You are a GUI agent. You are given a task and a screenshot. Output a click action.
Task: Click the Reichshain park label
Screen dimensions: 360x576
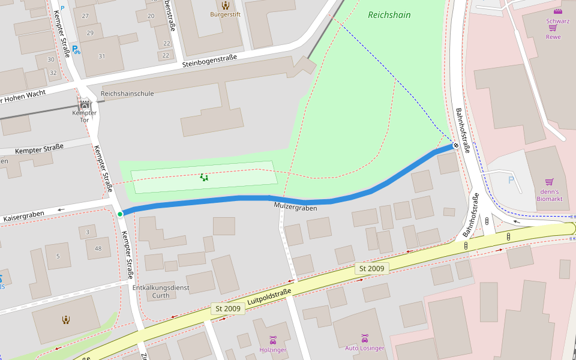389,15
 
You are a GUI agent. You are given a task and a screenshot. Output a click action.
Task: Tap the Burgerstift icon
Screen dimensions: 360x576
226,5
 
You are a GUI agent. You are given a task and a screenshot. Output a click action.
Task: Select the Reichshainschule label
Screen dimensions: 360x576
127,94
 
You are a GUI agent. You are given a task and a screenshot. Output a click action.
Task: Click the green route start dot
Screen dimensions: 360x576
120,214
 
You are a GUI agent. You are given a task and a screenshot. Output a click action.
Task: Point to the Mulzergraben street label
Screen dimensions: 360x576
295,208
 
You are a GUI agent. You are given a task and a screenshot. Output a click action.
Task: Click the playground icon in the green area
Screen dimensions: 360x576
204,177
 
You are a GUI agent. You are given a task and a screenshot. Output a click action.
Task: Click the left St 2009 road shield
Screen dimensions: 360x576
227,308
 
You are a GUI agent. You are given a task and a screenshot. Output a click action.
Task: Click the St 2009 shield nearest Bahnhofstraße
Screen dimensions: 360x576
371,268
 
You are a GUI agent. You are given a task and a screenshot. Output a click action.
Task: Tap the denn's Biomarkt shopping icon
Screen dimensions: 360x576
549,182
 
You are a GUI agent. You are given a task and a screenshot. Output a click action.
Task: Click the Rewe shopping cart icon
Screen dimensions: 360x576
553,28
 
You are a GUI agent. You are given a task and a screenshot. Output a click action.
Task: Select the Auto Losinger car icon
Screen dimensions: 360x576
364,338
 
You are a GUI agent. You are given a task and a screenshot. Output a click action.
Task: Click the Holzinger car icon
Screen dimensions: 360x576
273,340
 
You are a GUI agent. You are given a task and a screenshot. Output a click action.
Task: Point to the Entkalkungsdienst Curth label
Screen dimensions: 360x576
161,291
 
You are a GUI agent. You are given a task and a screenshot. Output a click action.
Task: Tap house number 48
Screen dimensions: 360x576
98,248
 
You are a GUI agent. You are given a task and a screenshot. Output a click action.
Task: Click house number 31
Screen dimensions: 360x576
101,56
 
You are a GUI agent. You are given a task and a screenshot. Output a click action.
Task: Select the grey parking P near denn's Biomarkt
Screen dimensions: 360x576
511,180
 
